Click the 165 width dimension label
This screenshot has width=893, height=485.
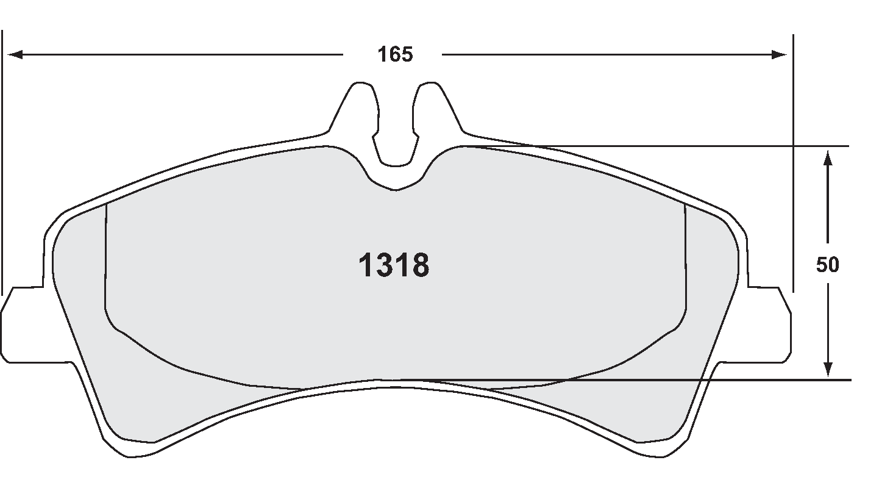coord(394,55)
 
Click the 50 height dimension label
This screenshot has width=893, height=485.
coord(828,265)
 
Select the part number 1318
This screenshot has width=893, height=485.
coord(394,266)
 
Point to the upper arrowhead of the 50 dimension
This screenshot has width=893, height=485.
coord(828,157)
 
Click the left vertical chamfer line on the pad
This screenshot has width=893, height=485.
coord(106,262)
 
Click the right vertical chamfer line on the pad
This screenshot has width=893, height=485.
coord(686,262)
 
